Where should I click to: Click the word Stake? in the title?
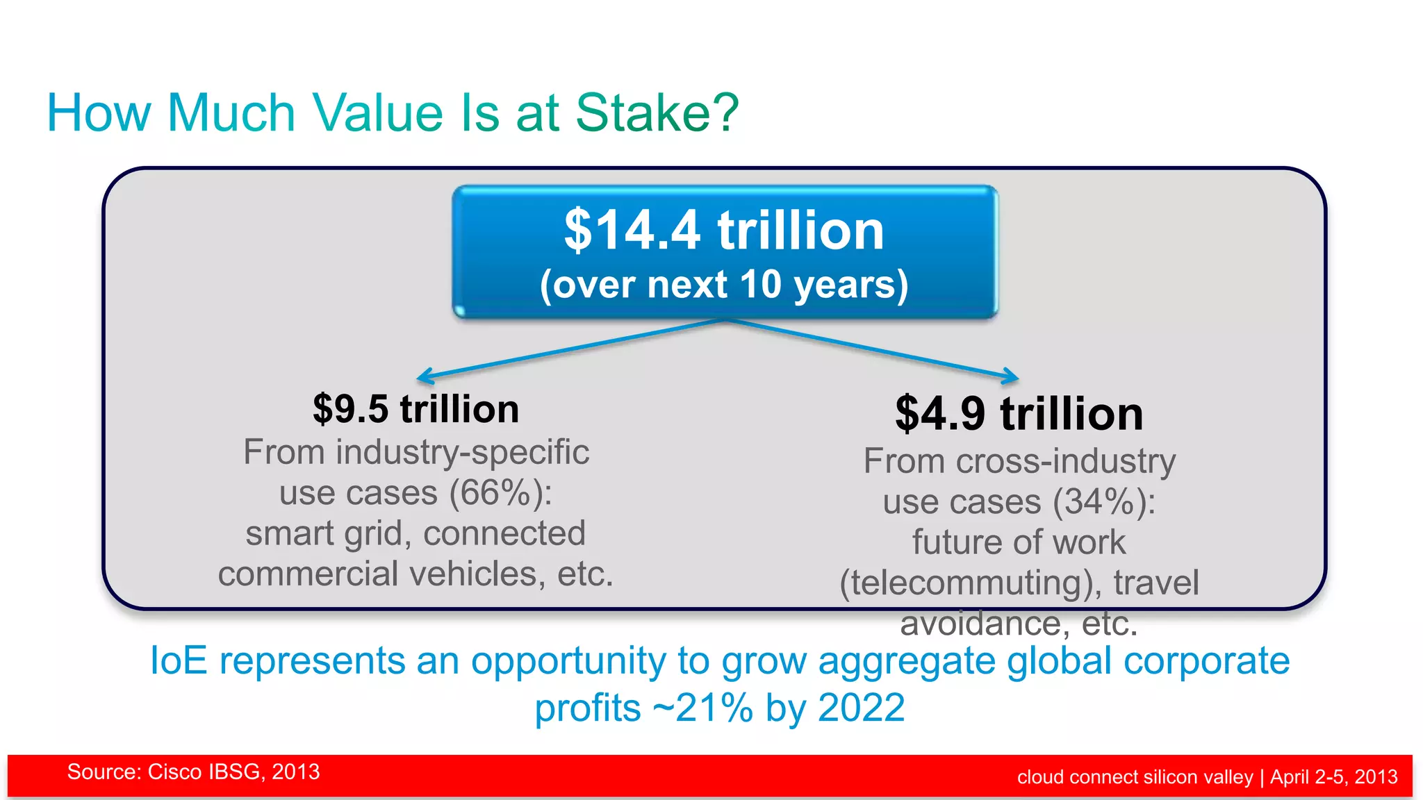coord(657,113)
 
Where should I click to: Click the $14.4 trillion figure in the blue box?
coord(724,231)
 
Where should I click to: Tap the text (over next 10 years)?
coord(724,285)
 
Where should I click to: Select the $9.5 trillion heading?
coord(416,409)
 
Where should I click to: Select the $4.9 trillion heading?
coord(1019,414)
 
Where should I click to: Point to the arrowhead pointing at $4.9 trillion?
coord(1013,377)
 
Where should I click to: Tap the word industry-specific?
coord(463,453)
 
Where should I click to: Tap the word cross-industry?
coord(1066,462)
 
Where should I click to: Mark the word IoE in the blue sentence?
coord(179,660)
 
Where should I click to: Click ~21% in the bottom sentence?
coord(703,708)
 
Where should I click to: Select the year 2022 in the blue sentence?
coord(862,708)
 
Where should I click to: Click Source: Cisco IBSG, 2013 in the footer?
coord(193,772)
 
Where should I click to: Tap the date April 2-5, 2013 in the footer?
coord(1334,777)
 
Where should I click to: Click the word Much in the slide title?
coord(231,113)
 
